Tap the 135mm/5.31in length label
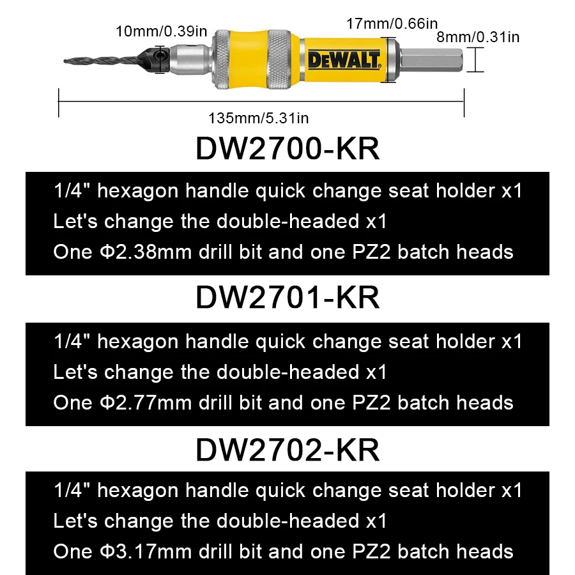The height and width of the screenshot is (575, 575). (258, 118)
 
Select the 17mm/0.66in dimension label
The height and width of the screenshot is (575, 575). (392, 24)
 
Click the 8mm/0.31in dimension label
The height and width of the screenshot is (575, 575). (477, 37)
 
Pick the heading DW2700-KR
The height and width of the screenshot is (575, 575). (287, 149)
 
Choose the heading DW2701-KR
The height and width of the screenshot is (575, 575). (287, 297)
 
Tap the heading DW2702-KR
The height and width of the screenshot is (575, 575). (287, 449)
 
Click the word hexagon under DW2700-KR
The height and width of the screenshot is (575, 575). (139, 191)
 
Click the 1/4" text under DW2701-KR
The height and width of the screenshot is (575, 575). (72, 341)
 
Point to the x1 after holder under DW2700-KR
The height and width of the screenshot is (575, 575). (512, 191)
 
